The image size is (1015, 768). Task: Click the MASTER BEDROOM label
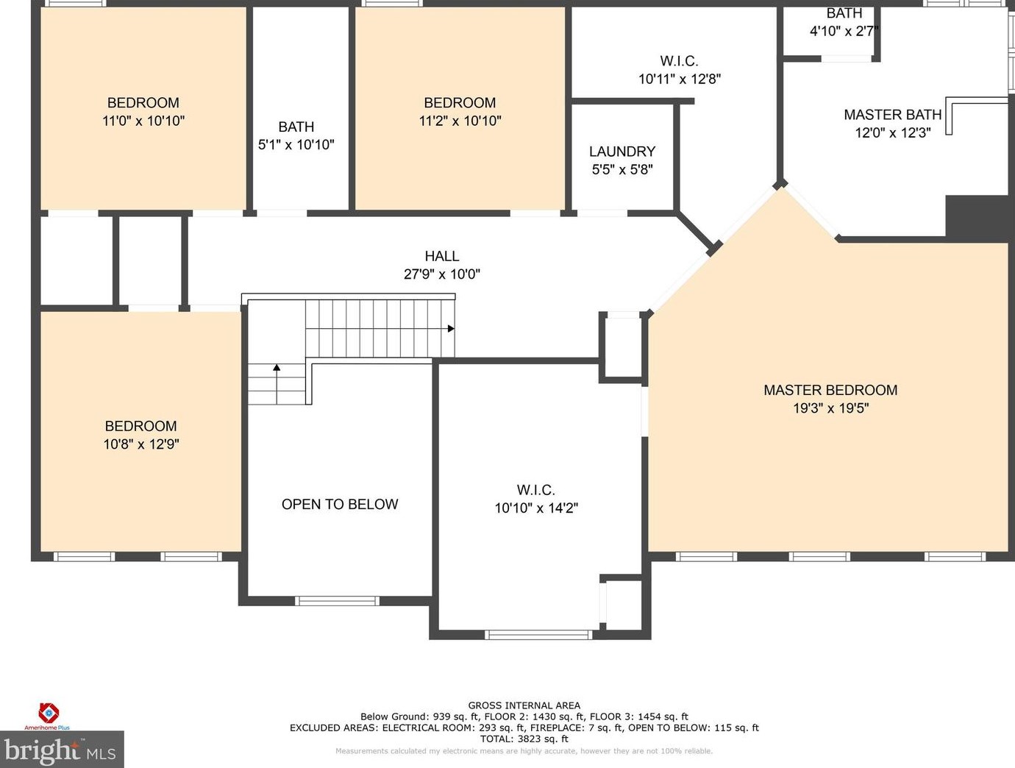(830, 390)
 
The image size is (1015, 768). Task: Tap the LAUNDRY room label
(622, 152)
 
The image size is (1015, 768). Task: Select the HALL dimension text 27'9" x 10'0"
(441, 274)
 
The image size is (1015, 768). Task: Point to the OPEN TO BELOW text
(340, 504)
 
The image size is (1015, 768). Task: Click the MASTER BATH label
(892, 115)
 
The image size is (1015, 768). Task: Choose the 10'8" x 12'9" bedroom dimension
(141, 444)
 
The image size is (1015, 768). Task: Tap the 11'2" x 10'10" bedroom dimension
(460, 121)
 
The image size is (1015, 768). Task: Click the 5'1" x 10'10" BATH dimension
(296, 145)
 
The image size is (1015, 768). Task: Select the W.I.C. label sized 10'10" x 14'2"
(536, 490)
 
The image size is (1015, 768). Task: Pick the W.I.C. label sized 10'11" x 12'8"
(679, 60)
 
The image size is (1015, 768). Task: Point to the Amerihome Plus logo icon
(48, 713)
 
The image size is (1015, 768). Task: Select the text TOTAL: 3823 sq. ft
(524, 739)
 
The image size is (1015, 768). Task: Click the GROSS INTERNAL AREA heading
(524, 705)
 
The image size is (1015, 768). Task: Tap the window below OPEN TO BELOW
(337, 601)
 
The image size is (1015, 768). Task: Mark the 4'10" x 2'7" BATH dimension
(844, 31)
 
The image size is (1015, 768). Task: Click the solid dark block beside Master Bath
(977, 216)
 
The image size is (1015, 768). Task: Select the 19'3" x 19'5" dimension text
(831, 408)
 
